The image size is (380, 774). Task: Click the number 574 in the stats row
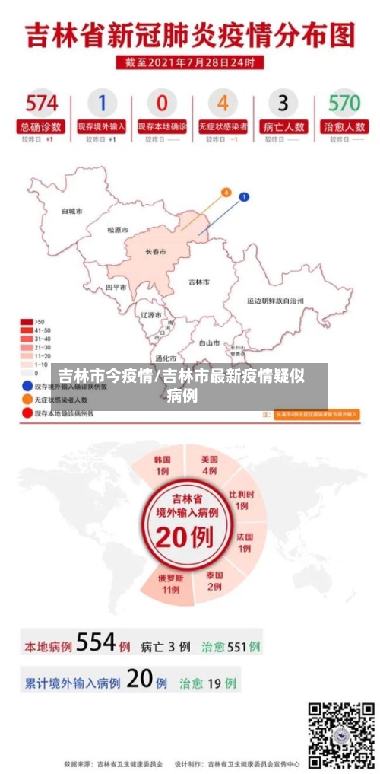41,102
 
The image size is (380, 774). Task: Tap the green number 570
344,102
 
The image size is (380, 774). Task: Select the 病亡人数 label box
283,126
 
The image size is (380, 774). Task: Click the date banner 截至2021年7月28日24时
190,62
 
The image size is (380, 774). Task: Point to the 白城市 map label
72,211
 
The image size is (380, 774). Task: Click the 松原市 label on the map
118,230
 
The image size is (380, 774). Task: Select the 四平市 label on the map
116,288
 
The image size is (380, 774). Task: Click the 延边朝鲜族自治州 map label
275,301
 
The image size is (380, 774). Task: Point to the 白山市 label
209,342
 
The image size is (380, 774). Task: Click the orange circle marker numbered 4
225,193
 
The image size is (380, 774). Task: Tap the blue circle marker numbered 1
244,198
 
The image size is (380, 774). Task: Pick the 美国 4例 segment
210,465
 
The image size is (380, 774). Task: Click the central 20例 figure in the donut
185,537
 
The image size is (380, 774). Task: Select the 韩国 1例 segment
163,465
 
